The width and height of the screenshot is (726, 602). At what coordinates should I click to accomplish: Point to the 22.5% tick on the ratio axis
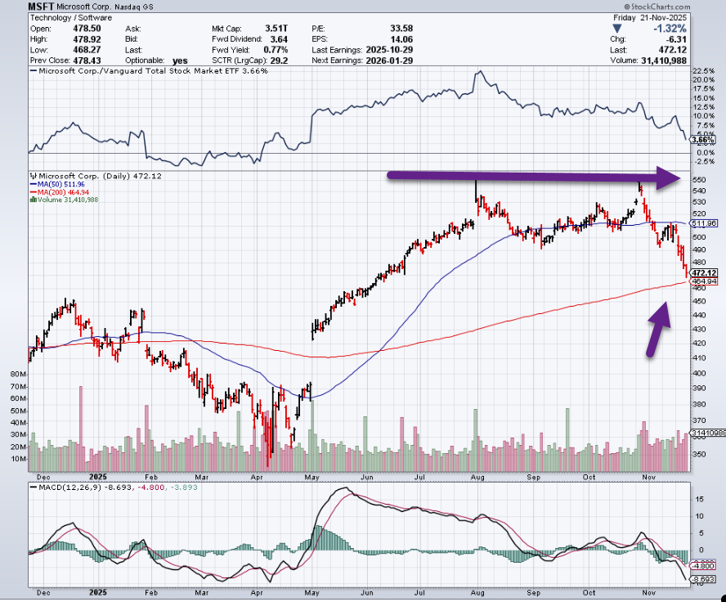click(702, 71)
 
